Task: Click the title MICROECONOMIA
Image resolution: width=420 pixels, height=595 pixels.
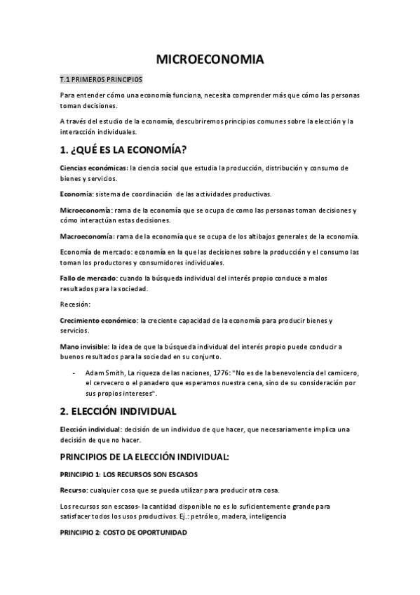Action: coord(210,60)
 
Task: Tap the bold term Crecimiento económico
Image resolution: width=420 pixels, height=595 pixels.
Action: coord(98,321)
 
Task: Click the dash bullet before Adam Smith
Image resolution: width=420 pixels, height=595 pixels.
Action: coord(74,372)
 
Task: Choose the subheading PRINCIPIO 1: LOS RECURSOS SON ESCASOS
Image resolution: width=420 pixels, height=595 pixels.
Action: coord(129,474)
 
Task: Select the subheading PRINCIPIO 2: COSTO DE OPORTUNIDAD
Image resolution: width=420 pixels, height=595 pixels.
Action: coord(123,533)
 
